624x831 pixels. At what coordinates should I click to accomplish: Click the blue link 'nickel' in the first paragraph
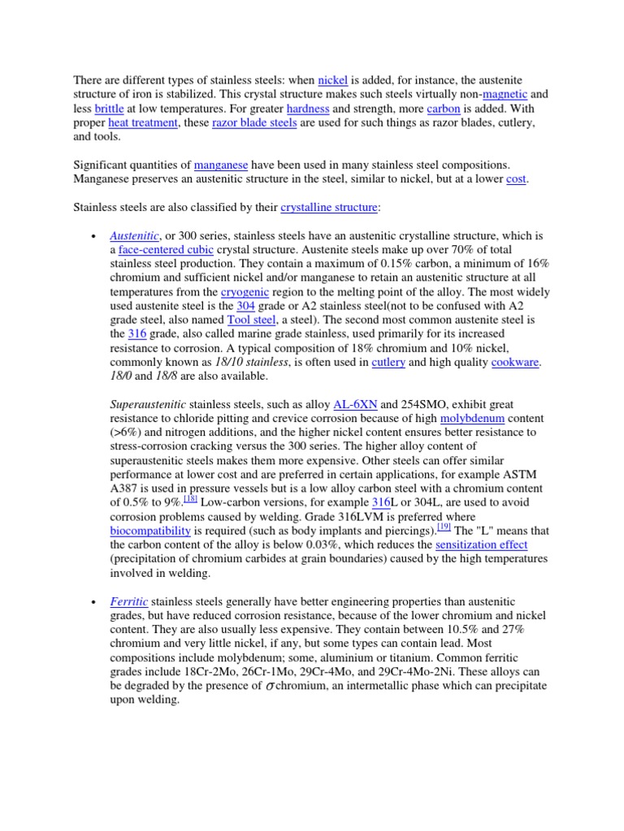pos(332,80)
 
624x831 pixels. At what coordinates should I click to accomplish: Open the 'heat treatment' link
pos(142,123)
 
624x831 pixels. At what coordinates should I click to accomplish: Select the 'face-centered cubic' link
pos(167,249)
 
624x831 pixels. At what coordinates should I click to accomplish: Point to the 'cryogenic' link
pos(243,291)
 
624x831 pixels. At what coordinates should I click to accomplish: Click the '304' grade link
pos(245,305)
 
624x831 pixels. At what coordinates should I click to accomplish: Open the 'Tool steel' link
pos(252,320)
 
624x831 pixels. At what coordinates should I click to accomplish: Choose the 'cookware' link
pos(515,362)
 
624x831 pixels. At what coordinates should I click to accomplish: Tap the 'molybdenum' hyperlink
pos(472,418)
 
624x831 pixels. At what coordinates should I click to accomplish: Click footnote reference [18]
pos(190,500)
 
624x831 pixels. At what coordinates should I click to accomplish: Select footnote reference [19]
pos(444,527)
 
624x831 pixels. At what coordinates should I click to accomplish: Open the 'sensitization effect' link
pos(481,545)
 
